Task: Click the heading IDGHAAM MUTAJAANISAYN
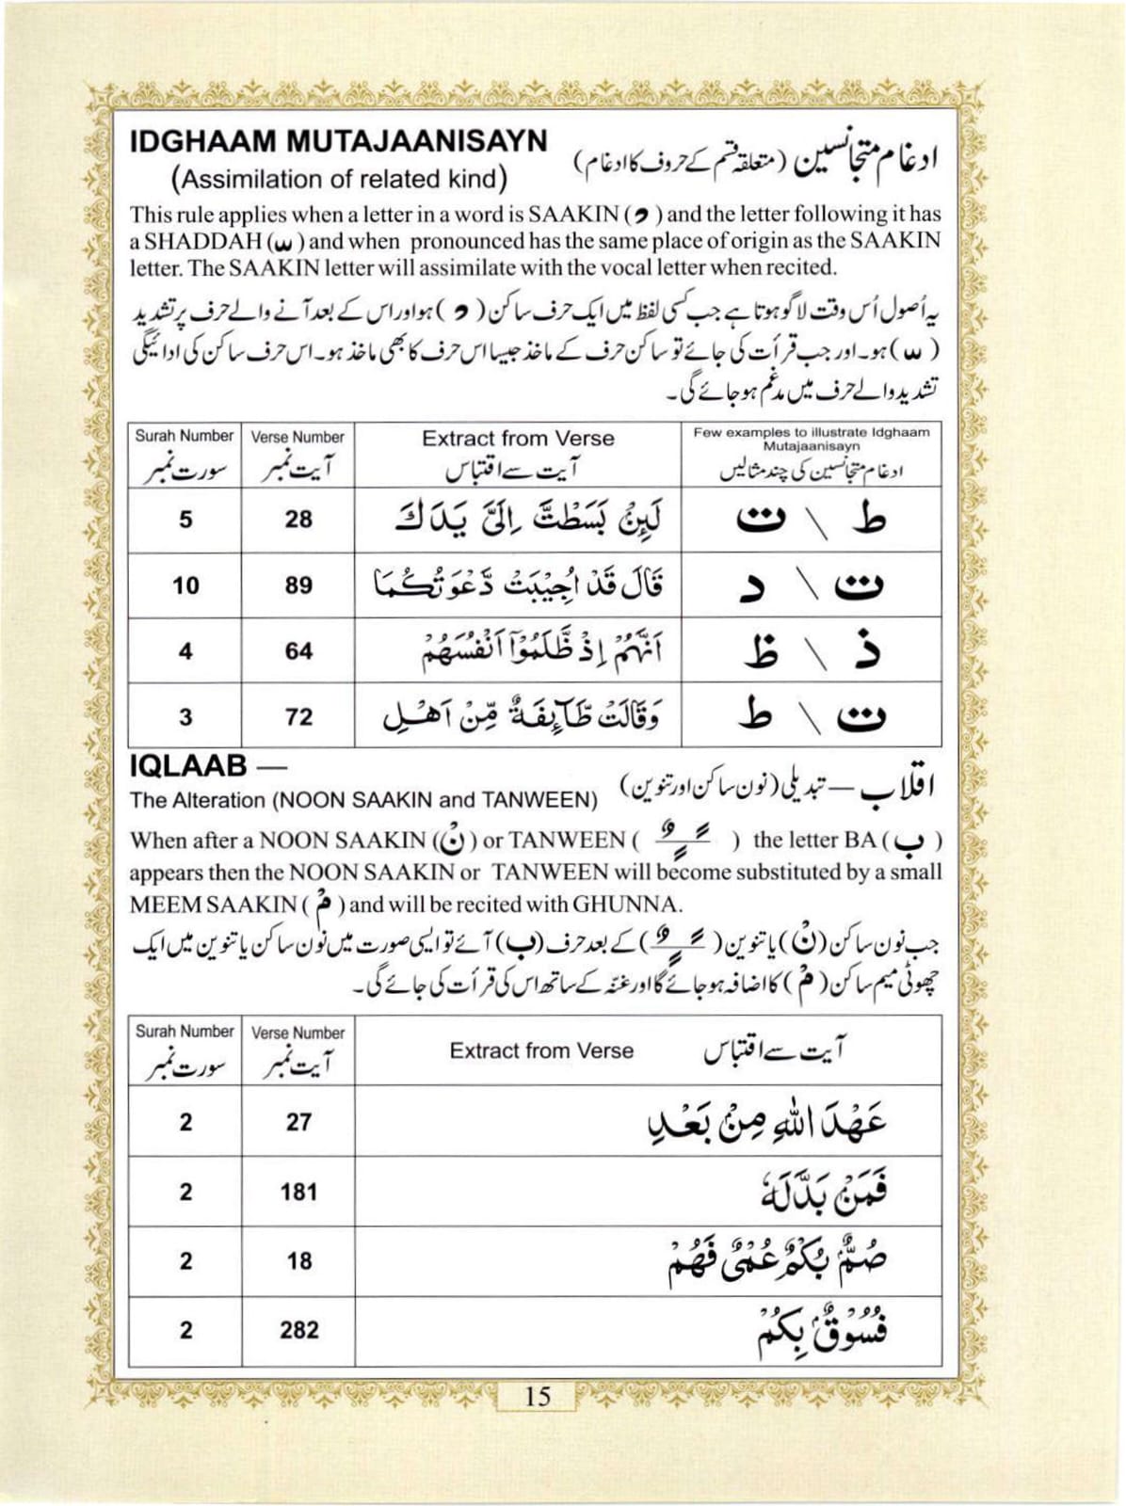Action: pos(338,141)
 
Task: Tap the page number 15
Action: pos(538,1395)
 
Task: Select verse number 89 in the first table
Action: pos(298,585)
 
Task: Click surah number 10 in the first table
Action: pos(185,585)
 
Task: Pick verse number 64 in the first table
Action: pos(298,651)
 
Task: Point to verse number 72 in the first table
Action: pos(298,717)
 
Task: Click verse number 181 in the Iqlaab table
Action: pos(298,1192)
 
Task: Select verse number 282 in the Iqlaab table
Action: pos(298,1330)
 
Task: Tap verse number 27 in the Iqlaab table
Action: pos(298,1122)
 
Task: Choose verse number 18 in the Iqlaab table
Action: pos(298,1261)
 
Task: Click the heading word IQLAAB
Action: pos(187,767)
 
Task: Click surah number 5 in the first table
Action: pos(185,520)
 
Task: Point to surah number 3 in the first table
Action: pos(185,717)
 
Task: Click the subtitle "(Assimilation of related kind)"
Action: pos(339,179)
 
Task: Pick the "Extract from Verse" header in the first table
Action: pos(518,439)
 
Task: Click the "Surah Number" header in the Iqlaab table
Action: pos(185,1032)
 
